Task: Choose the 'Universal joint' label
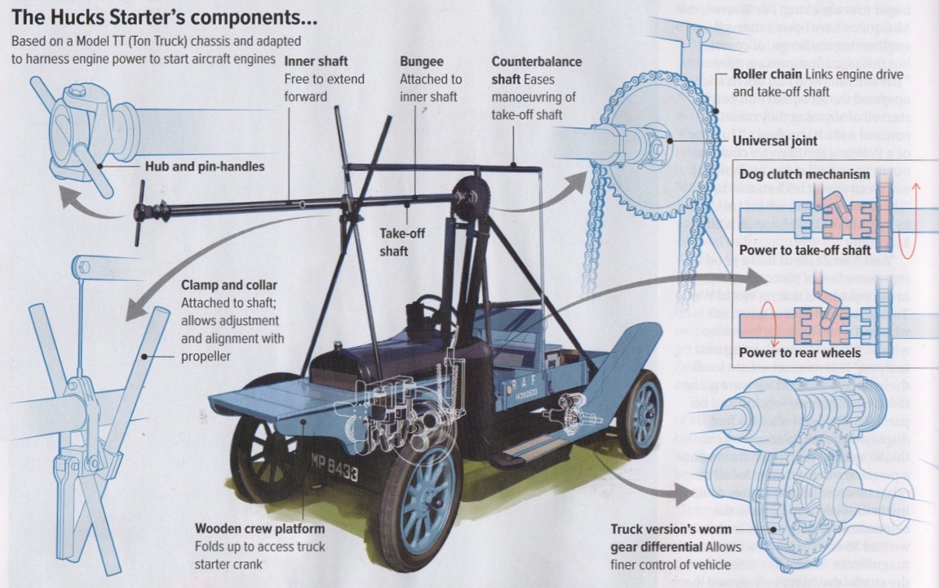tap(774, 140)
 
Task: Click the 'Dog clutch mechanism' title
tap(804, 174)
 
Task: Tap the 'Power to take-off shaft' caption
tap(804, 251)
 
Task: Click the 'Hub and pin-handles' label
tap(205, 167)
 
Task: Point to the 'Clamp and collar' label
tap(228, 286)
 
